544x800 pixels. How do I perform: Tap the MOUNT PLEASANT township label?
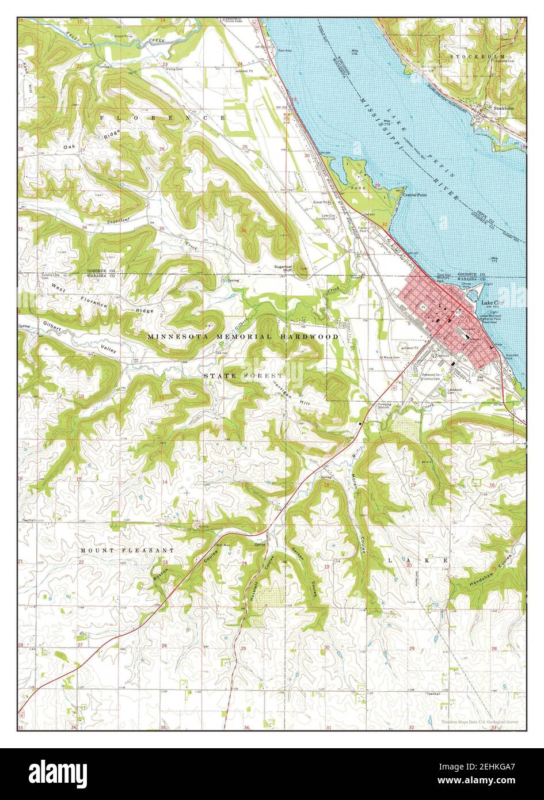[x=127, y=550]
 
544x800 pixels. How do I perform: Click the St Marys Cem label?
[x=388, y=357]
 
